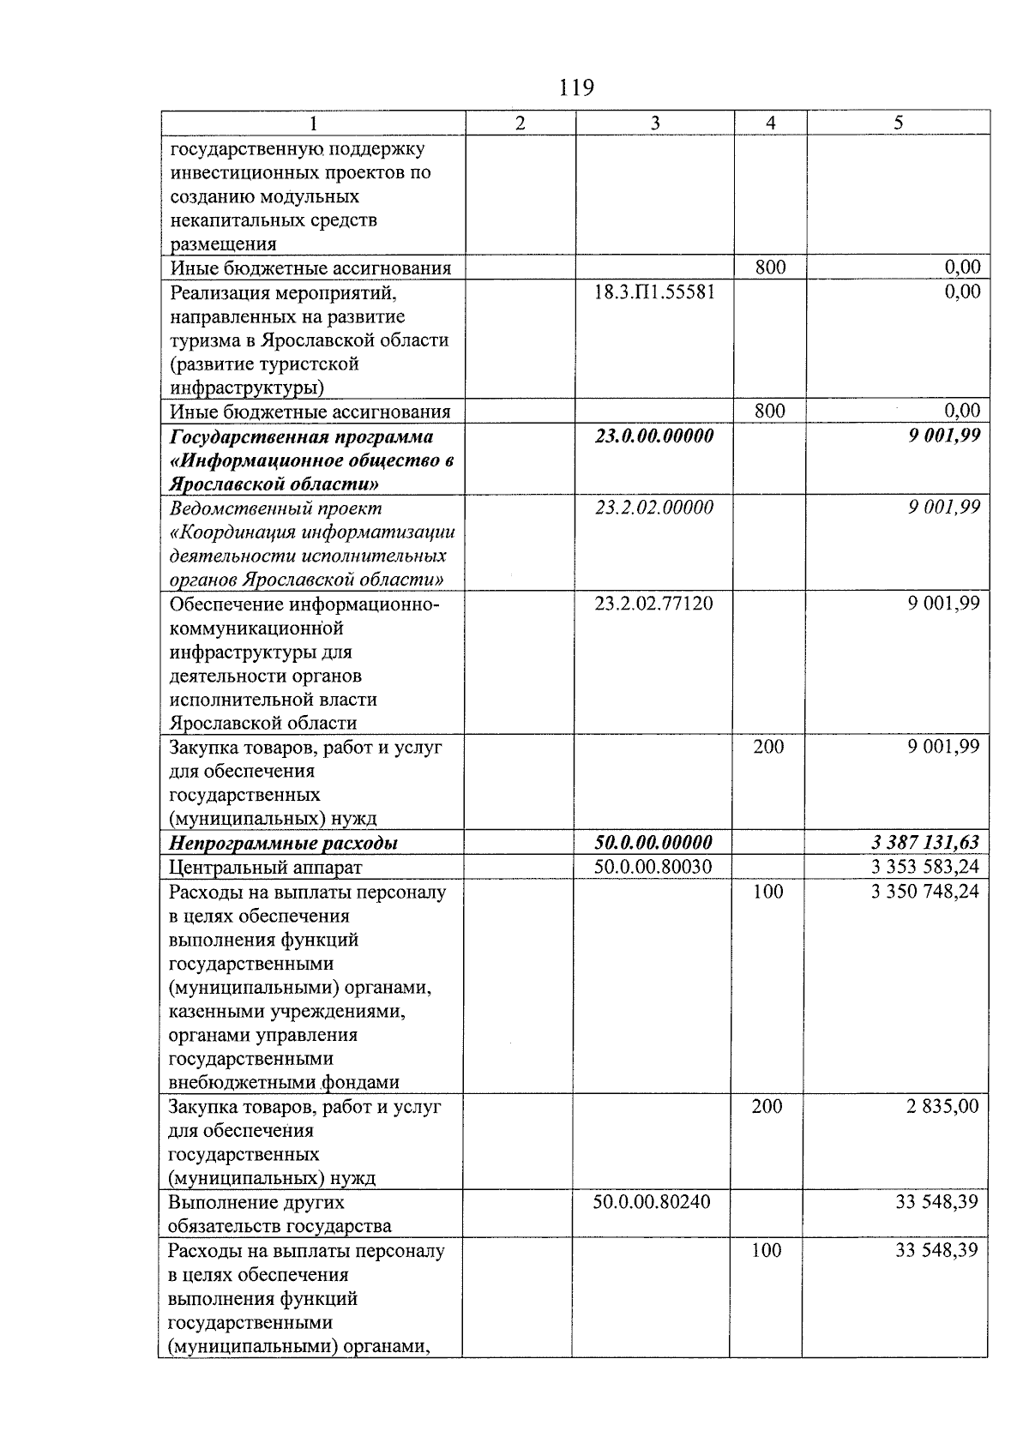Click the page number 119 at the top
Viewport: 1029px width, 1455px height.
[575, 87]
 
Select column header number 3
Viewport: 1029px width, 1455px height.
[654, 123]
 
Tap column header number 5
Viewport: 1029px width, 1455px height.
[898, 123]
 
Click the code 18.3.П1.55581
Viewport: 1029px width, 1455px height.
[654, 292]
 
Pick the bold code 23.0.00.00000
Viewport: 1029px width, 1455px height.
[654, 436]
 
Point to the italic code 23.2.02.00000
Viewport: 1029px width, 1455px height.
[654, 508]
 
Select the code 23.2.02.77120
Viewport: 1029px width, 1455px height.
[653, 604]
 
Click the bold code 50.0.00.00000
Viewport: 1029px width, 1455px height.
[653, 843]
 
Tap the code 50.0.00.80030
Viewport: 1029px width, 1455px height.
[653, 867]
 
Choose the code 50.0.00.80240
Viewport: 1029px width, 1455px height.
[652, 1202]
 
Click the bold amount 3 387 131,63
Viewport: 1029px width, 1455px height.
[924, 843]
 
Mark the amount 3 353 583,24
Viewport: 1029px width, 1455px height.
[924, 867]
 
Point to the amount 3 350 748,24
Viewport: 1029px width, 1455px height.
[924, 892]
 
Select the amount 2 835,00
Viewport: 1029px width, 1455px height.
[942, 1107]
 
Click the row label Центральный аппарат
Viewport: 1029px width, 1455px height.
[266, 868]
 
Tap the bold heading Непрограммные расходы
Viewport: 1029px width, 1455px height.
[284, 844]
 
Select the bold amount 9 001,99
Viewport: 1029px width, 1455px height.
[944, 436]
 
